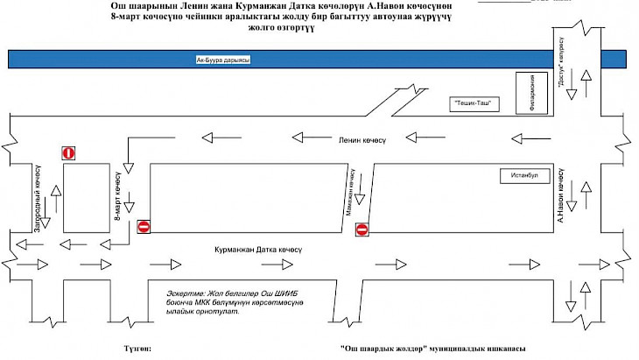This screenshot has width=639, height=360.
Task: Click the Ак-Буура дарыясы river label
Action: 223,60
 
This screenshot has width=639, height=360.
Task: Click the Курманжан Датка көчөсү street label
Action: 259,250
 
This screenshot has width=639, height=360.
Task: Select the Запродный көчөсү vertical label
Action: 38,199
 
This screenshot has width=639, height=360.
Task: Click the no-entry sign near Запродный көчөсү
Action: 69,153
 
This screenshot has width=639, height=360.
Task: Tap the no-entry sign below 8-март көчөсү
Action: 144,227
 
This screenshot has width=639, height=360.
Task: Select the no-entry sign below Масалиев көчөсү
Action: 362,229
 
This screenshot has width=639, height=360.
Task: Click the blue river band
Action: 394,59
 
